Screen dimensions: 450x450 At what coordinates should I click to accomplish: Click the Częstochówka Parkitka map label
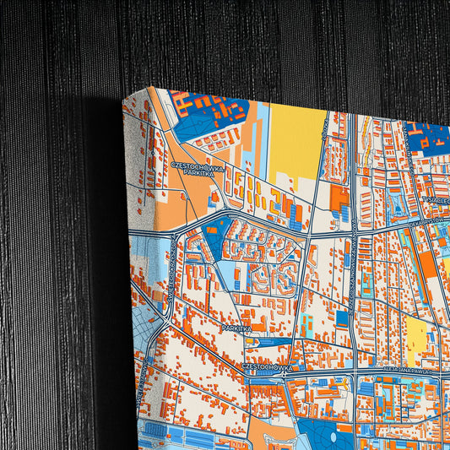click(197, 171)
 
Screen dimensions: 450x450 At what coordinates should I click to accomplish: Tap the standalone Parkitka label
click(236, 327)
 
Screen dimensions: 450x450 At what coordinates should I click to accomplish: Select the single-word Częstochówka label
click(267, 367)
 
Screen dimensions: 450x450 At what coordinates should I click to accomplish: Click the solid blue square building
click(342, 318)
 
